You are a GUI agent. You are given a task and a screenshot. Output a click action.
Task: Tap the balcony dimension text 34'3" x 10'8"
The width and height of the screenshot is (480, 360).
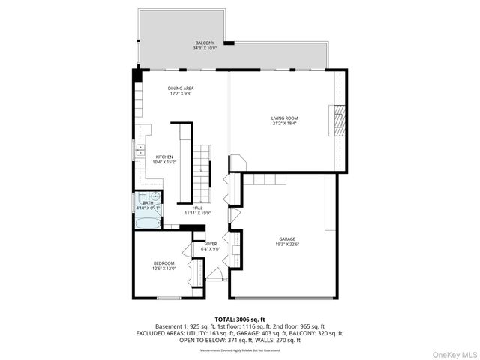[205, 49]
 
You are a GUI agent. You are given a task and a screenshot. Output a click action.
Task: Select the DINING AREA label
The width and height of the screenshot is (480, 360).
[180, 88]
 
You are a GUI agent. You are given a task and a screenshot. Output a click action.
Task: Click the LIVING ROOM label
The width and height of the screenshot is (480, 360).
[285, 118]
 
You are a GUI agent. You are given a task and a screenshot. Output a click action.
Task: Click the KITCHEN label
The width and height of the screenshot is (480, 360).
[163, 157]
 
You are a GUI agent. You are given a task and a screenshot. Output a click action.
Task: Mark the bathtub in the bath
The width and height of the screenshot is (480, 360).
[147, 223]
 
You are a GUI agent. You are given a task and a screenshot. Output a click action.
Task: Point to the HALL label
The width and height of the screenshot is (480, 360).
[197, 208]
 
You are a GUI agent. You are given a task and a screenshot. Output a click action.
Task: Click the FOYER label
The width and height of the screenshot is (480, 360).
[210, 244]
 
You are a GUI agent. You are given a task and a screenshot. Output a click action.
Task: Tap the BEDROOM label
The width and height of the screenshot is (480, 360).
[163, 262]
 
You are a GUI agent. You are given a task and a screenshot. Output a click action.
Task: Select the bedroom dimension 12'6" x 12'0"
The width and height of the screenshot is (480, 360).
[163, 268]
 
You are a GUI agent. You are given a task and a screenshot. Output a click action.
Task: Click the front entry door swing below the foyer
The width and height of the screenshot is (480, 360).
[214, 274]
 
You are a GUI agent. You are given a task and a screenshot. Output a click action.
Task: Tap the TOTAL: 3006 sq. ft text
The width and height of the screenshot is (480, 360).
[240, 319]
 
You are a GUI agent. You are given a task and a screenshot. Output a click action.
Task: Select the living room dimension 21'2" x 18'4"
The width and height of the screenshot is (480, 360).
[285, 124]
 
